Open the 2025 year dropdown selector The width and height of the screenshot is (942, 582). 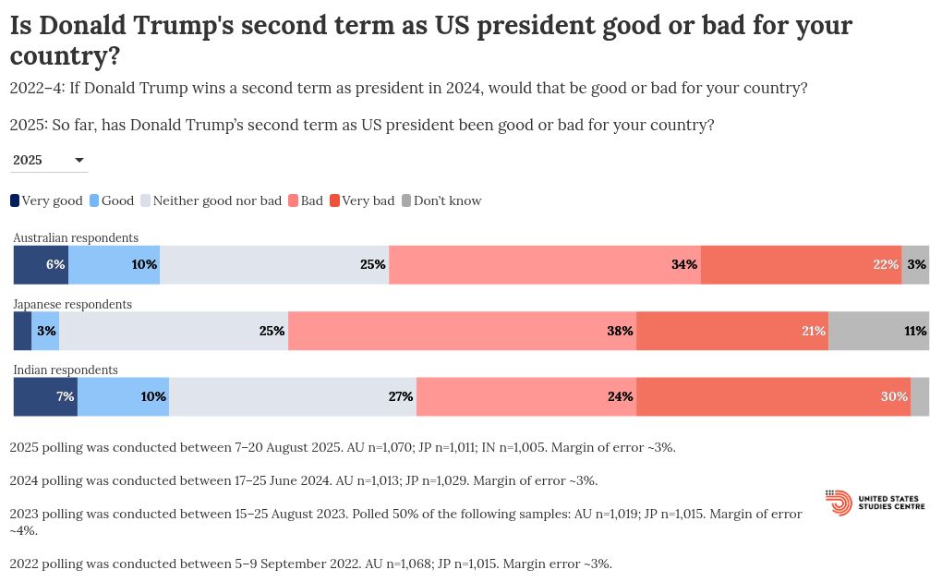coord(49,160)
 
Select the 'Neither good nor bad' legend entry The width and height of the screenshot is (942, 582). coord(211,200)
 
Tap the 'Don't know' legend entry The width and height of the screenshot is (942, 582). coord(441,200)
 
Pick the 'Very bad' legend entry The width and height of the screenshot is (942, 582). coord(362,200)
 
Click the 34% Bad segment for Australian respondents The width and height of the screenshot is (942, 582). coord(545,264)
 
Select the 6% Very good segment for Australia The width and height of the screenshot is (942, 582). coord(41,264)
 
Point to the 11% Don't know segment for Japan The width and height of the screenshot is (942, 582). coord(878,331)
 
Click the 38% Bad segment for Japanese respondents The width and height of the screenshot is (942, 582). coord(462,331)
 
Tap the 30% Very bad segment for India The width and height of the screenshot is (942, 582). coord(773,396)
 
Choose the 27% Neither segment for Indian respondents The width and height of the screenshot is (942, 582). coord(292,396)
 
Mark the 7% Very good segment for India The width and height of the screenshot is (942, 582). coord(45,396)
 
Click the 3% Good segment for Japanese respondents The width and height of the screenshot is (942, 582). coord(45,331)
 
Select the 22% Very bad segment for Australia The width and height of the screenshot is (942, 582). coord(801,264)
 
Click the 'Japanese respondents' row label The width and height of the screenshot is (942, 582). coord(72,304)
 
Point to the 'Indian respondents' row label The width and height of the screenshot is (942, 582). coord(66,370)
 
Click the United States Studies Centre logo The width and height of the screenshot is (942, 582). coord(874,503)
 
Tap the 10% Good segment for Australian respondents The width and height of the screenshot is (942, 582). coord(114,264)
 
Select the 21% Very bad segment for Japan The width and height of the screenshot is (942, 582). coord(731,331)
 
